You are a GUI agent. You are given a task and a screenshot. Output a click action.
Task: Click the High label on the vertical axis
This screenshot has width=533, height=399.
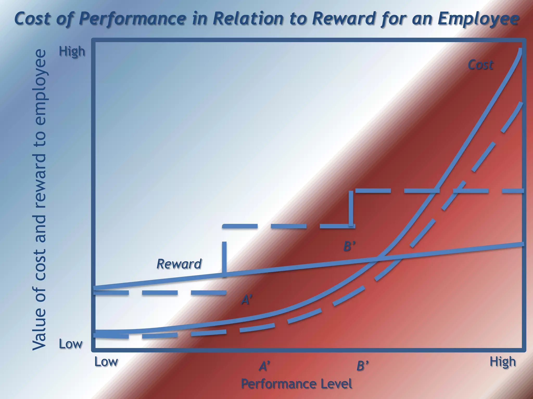[x=72, y=51]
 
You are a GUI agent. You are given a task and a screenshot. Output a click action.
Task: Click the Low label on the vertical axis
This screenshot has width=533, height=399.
[x=70, y=344]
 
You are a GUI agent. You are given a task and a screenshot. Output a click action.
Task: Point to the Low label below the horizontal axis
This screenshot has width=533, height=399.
[x=106, y=362]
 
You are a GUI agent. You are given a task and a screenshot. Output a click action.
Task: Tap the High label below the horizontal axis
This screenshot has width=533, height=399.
[x=503, y=362]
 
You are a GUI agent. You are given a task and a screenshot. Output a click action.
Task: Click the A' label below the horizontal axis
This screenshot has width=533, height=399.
[x=264, y=366]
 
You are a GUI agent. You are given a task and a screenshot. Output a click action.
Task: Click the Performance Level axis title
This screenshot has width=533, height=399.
[x=296, y=384]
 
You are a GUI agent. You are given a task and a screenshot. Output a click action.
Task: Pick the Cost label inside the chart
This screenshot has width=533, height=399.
[x=480, y=65]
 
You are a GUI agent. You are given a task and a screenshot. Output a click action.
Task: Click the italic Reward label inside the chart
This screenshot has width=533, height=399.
[x=179, y=264]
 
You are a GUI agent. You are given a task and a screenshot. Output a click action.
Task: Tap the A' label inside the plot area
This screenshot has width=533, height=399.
[x=246, y=300]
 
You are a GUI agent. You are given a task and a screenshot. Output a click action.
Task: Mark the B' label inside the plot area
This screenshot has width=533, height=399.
[x=349, y=246]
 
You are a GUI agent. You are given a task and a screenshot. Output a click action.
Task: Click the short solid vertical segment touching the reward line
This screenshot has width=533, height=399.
[x=224, y=258]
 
